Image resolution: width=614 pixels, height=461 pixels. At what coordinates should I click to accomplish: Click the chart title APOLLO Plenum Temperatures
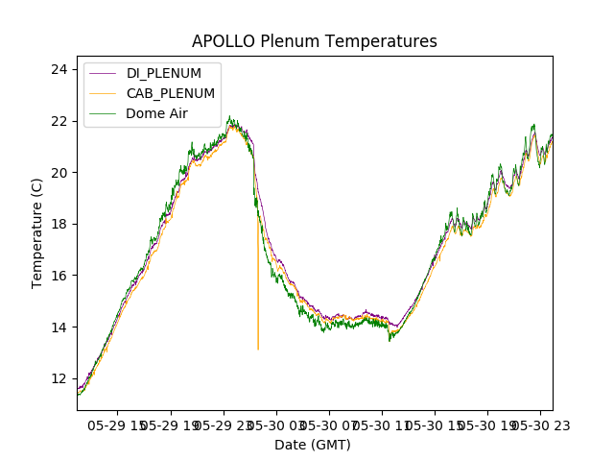point(314,41)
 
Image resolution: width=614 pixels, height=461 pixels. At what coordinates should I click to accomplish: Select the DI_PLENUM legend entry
point(163,73)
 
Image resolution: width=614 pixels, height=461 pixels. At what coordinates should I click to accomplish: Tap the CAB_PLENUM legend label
point(170,93)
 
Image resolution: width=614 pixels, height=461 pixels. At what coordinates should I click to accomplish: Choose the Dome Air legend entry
point(156,113)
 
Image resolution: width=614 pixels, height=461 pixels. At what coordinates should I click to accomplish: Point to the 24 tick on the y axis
point(59,69)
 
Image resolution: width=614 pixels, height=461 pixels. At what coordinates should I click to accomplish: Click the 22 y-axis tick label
point(59,121)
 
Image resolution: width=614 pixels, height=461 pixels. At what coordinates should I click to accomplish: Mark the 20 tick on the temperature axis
point(59,173)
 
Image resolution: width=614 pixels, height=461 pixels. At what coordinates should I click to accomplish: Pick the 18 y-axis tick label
point(59,224)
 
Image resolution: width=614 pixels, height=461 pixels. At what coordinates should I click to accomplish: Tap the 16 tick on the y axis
point(59,276)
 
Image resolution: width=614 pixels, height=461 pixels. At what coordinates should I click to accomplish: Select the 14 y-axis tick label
point(59,328)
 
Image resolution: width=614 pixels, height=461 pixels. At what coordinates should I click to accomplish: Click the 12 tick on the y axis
point(59,378)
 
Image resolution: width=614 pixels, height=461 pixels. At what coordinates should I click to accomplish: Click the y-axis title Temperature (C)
point(37,233)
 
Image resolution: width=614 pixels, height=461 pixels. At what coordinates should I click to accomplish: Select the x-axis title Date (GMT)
point(313,445)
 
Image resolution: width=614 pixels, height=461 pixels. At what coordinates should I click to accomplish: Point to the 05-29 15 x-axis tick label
point(119,425)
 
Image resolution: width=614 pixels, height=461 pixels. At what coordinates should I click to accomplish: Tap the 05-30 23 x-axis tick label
point(539,425)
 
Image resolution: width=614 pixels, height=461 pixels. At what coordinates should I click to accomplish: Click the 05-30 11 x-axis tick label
point(382,425)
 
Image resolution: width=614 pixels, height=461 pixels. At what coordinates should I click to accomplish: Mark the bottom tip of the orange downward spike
point(258,349)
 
